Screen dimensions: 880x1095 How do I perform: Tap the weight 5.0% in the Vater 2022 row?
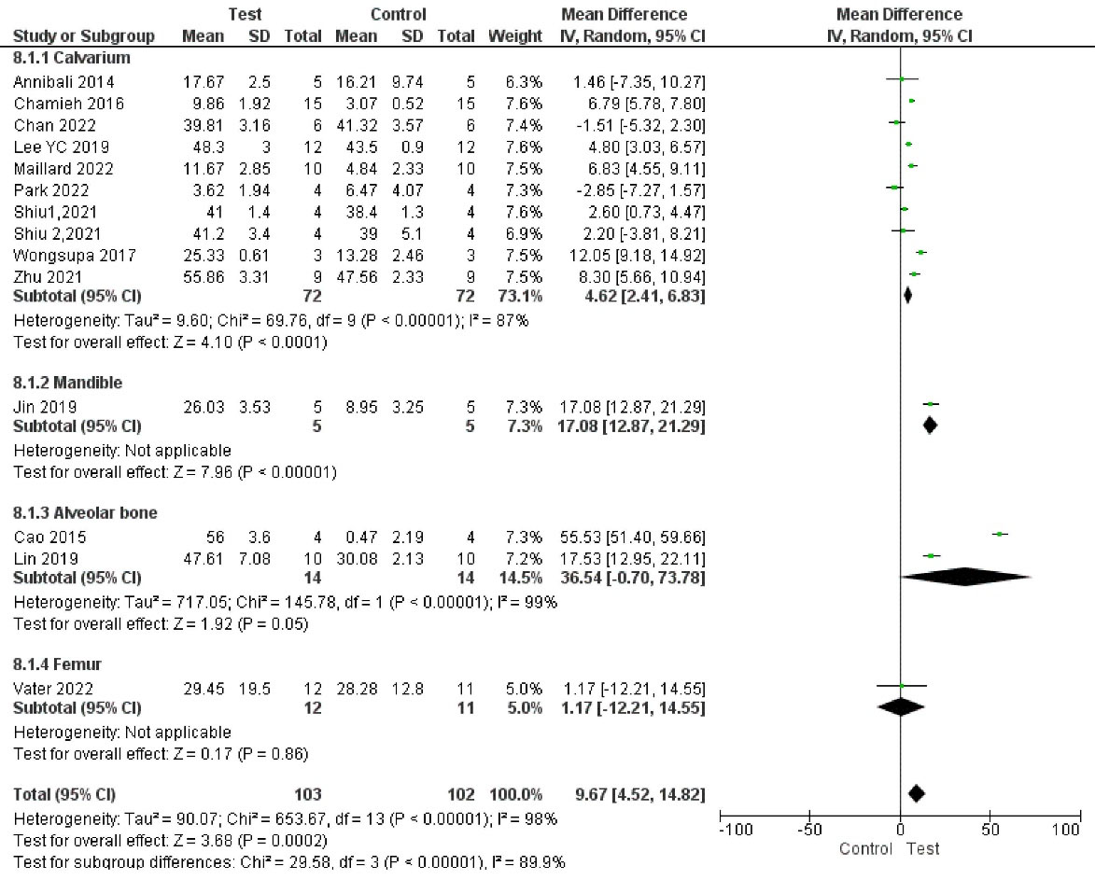tap(525, 689)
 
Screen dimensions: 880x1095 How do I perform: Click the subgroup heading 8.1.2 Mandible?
tap(67, 383)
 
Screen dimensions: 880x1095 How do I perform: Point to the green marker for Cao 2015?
tap(1000, 534)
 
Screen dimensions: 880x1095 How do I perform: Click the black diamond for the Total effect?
tap(917, 793)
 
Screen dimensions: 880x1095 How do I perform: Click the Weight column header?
tap(514, 36)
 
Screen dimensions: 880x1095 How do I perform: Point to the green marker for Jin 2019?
tap(930, 404)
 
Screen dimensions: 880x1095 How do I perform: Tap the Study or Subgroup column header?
tap(83, 36)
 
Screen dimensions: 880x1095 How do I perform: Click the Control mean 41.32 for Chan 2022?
tap(355, 124)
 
